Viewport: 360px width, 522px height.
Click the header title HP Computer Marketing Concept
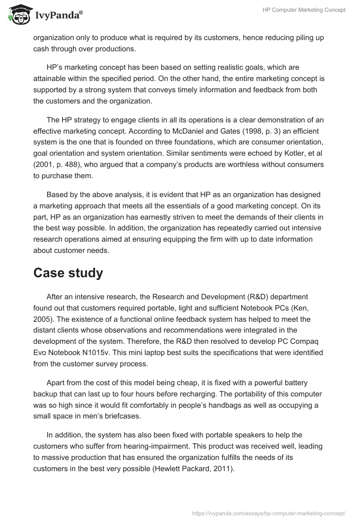tap(304, 10)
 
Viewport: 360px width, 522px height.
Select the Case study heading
tap(68, 273)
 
